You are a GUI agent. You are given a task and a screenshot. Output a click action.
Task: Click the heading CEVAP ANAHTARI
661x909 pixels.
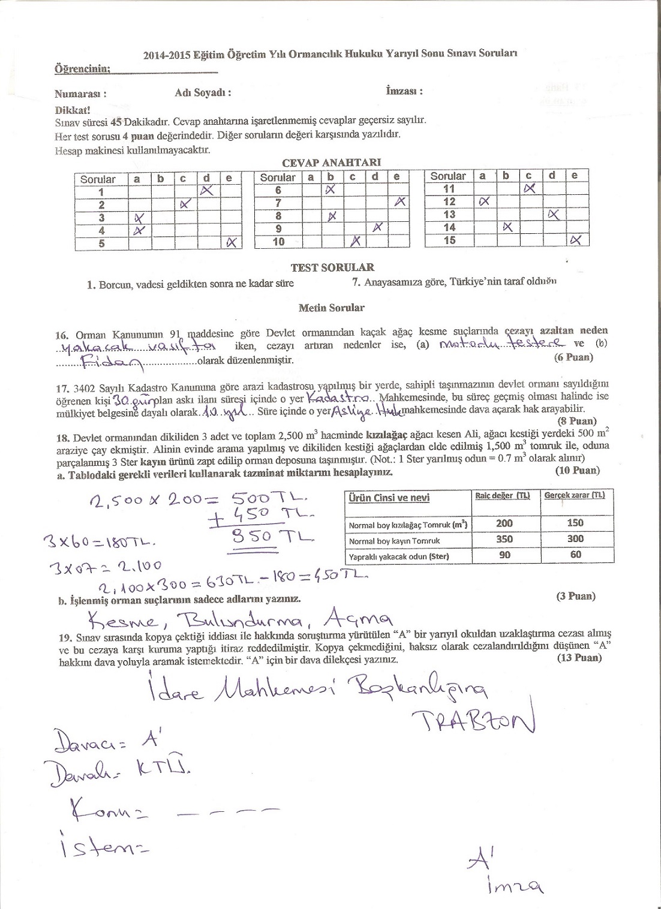331,162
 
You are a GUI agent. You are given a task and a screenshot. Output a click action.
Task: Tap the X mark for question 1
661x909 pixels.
207,191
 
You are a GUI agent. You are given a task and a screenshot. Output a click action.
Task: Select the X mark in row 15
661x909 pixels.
576,240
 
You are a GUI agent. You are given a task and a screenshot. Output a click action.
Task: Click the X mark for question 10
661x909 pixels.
355,241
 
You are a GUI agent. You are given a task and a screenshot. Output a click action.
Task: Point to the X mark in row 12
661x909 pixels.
485,201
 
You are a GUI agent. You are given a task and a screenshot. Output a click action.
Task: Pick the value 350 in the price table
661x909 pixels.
504,539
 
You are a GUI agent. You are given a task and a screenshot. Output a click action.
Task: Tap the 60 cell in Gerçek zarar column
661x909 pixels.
576,555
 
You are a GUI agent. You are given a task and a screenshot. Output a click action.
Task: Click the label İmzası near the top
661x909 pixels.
404,91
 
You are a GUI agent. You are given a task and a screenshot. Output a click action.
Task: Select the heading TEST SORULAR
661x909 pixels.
332,267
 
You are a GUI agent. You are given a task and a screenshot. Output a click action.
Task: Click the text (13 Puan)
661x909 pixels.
578,658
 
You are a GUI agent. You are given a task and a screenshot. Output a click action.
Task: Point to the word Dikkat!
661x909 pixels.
73,110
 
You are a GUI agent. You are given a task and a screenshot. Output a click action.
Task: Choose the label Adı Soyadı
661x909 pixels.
203,92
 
